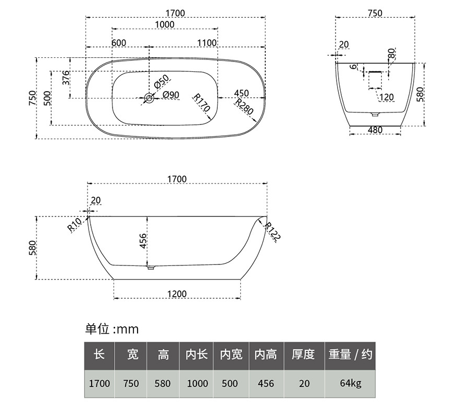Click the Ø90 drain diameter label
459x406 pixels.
171,95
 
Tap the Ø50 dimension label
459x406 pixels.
162,82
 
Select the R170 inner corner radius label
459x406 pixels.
202,103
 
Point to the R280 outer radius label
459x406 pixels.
244,107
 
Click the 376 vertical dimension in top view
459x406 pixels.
67,78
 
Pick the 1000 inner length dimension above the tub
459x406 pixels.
165,24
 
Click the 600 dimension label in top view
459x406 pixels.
119,43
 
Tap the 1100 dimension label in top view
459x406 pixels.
207,43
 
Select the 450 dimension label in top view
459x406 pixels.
242,93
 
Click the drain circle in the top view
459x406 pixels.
150,98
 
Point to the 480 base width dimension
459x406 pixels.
375,130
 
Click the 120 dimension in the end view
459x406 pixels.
387,97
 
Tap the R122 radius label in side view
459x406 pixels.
272,231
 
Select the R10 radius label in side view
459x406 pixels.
75,225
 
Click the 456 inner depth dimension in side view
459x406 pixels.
143,240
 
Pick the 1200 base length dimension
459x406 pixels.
177,294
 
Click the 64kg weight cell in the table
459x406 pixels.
351,383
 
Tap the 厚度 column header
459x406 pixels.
303,354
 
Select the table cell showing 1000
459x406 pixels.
197,383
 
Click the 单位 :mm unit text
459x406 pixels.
111,329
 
